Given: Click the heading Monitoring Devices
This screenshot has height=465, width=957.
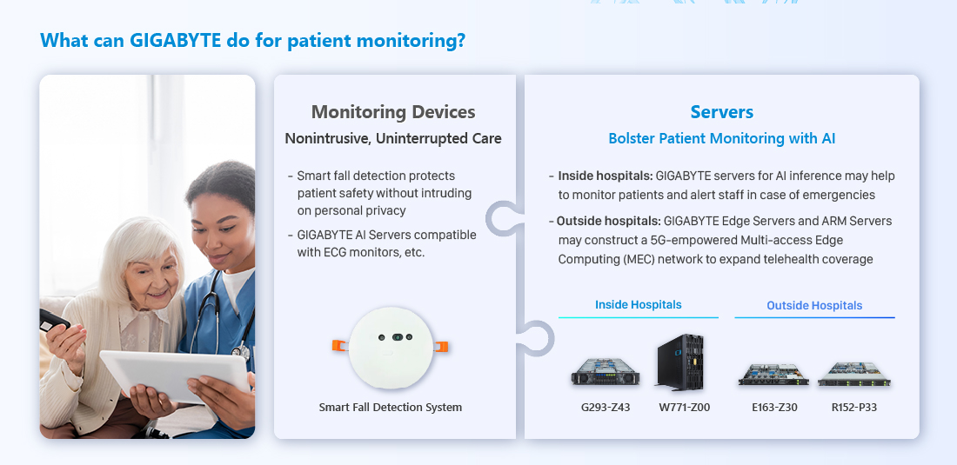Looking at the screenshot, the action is point(393,112).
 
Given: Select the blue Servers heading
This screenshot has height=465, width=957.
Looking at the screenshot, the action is point(721,112).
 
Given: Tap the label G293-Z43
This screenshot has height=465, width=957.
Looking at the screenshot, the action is point(606,407).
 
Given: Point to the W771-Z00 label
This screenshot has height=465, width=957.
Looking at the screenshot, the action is point(684,407).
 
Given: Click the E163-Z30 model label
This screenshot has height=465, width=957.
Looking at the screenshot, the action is point(774,407).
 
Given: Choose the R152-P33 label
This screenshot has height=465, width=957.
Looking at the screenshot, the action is point(853,407).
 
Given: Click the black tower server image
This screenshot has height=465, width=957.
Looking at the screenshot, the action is point(680,362).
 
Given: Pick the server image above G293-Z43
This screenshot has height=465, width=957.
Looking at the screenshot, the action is point(606,372).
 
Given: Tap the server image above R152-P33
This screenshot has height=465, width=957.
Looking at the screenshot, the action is point(853,375).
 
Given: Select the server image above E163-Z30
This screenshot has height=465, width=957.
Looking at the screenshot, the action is point(774,375).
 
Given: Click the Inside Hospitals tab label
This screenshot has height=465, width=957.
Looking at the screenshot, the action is point(639,304).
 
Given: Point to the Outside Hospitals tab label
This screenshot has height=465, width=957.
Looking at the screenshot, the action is point(814,305).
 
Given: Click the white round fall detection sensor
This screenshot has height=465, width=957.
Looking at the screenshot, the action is point(391,348).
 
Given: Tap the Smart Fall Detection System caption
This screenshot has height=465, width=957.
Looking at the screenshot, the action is point(391,407).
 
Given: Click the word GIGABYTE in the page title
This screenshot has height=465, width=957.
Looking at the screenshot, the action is point(175,40).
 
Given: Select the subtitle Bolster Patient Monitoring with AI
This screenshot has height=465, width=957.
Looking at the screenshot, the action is point(721,138).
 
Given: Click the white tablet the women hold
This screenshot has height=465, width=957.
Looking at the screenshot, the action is point(175,376).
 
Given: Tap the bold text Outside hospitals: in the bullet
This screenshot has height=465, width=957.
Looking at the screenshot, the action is point(608,221).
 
